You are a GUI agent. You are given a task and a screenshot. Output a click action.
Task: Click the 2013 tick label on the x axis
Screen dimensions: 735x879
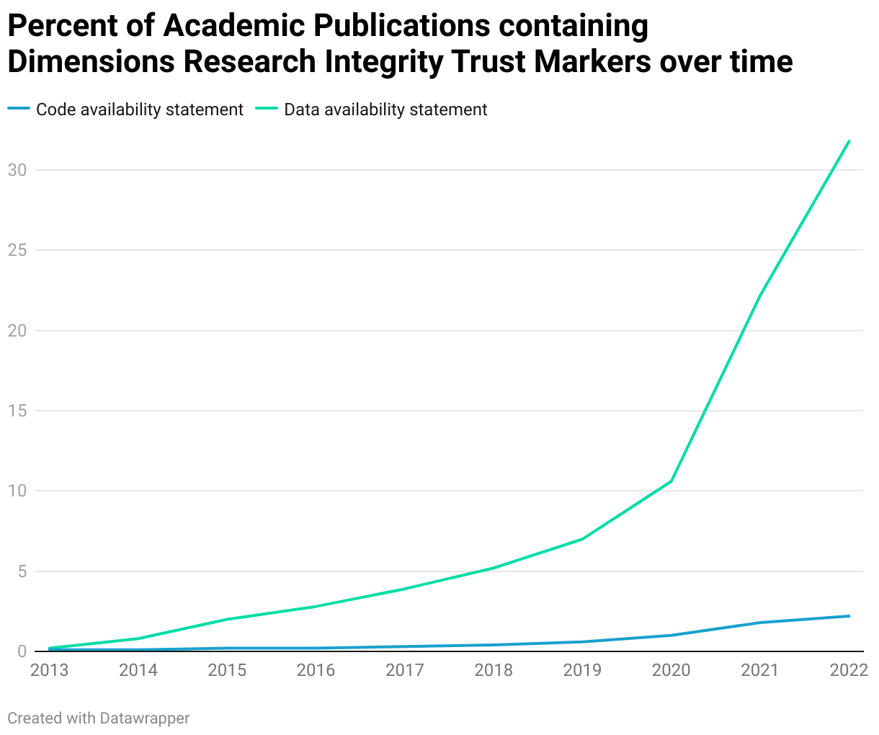pos(50,670)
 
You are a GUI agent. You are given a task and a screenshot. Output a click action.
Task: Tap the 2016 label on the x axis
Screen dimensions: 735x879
pos(316,670)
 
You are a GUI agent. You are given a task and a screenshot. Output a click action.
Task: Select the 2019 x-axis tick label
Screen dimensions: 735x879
pos(582,670)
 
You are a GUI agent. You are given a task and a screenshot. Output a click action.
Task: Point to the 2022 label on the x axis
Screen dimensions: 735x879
pos(848,670)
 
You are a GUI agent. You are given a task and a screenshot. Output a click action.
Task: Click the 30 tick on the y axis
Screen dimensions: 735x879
pos(17,170)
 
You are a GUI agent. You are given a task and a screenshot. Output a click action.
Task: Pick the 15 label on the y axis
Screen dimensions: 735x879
pos(17,411)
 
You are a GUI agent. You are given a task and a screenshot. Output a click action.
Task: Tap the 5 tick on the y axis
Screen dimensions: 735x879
pos(22,571)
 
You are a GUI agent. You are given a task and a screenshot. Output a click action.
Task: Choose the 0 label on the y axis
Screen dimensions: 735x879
pos(22,651)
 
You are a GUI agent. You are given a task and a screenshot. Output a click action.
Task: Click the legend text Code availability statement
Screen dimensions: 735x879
pos(140,110)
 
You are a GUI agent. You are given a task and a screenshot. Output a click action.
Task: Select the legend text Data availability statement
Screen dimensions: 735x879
pos(385,110)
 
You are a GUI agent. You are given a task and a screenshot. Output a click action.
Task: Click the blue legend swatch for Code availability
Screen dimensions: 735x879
pos(19,110)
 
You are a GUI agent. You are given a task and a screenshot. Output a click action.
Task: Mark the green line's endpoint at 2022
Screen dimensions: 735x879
pos(849,141)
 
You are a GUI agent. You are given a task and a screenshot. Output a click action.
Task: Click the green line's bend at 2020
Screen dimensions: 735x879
pos(671,481)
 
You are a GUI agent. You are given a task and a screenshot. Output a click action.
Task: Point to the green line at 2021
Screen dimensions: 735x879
pos(760,295)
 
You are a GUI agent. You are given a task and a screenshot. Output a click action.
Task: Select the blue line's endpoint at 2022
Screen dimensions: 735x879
pos(849,616)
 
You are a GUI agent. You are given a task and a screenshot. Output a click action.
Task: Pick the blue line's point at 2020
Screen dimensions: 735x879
pos(671,635)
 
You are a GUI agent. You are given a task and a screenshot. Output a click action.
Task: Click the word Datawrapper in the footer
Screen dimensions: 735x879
pos(145,718)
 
